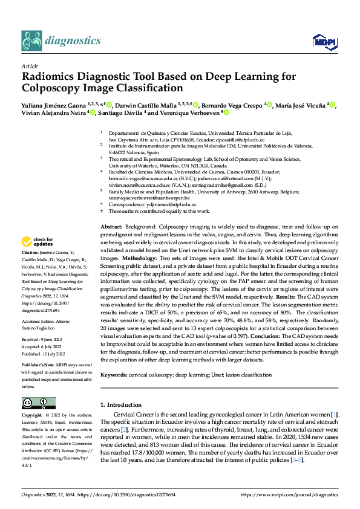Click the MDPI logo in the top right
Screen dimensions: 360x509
pyautogui.click(x=321, y=41)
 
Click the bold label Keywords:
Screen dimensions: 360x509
pyautogui.click(x=113, y=375)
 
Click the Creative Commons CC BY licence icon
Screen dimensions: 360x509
pyautogui.click(x=39, y=403)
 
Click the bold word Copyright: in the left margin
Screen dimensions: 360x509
pyautogui.click(x=32, y=416)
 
